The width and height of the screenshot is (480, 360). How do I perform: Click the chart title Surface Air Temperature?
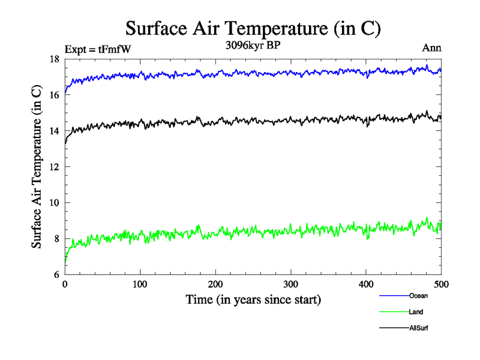pyautogui.click(x=253, y=28)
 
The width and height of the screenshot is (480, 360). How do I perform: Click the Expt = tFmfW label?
pyautogui.click(x=97, y=49)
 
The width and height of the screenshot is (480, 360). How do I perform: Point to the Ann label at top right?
pyautogui.click(x=432, y=48)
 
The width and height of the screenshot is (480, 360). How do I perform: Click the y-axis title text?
pyautogui.click(x=37, y=167)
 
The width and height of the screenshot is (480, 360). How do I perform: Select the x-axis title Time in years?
pyautogui.click(x=253, y=299)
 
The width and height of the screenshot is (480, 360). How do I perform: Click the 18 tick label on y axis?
pyautogui.click(x=54, y=59)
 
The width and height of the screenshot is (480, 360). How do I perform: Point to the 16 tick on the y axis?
pyautogui.click(x=54, y=95)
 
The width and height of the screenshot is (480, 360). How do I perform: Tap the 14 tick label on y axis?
pyautogui.click(x=54, y=131)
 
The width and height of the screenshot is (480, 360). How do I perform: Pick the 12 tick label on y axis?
pyautogui.click(x=54, y=167)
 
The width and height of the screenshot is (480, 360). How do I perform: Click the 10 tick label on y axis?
pyautogui.click(x=54, y=203)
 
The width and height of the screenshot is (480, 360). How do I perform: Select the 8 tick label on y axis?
pyautogui.click(x=56, y=239)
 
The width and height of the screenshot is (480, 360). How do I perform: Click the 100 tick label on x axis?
pyautogui.click(x=140, y=284)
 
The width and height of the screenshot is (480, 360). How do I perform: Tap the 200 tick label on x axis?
pyautogui.click(x=215, y=284)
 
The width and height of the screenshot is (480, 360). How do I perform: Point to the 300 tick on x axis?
pyautogui.click(x=290, y=284)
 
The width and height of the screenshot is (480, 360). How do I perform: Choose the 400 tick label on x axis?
pyautogui.click(x=366, y=284)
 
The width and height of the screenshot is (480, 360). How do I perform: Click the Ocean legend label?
pyautogui.click(x=418, y=296)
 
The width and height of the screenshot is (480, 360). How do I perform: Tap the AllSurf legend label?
pyautogui.click(x=419, y=328)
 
